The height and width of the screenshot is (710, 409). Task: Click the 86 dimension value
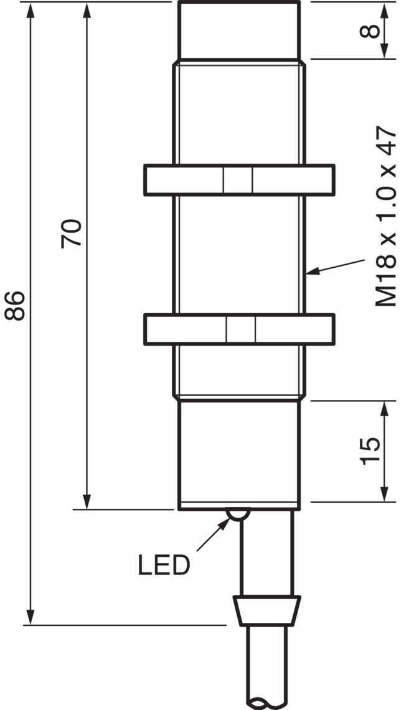pyautogui.click(x=14, y=306)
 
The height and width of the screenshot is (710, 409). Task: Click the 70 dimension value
pyautogui.click(x=72, y=234)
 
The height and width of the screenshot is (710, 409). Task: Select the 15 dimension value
pyautogui.click(x=370, y=451)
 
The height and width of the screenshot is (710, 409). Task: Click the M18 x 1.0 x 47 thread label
pyautogui.click(x=386, y=217)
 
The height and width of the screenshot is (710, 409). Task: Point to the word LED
pyautogui.click(x=164, y=565)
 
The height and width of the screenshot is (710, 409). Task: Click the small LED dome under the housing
pyautogui.click(x=238, y=515)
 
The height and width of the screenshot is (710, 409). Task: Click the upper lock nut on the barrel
pyautogui.click(x=239, y=180)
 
